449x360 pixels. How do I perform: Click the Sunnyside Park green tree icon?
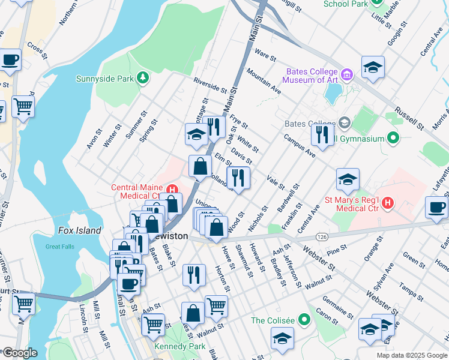click(143, 77)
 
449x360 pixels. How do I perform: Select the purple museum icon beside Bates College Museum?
click(347, 75)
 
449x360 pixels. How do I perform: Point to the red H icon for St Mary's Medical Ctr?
click(387, 203)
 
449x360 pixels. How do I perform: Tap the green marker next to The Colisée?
click(306, 320)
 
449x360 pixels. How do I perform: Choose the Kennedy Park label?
click(179, 347)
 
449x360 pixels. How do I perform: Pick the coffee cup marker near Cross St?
click(10, 60)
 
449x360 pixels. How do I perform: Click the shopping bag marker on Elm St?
click(200, 166)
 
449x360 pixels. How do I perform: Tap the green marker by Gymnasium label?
click(394, 139)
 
